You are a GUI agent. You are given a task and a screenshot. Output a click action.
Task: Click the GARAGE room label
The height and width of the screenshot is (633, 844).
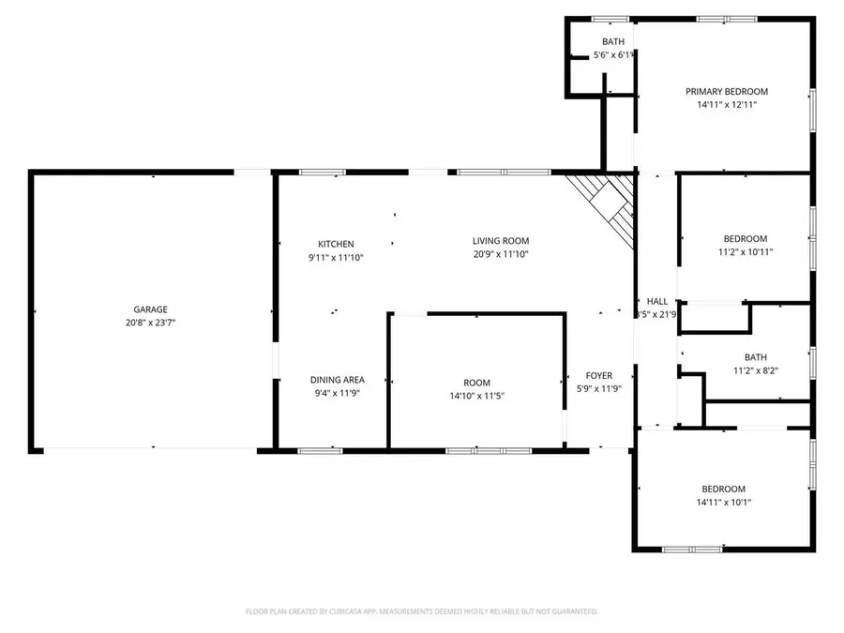150,309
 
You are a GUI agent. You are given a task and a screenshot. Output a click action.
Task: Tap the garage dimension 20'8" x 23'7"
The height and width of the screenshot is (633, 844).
150,323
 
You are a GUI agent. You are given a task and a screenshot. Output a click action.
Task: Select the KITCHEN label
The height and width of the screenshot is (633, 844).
336,245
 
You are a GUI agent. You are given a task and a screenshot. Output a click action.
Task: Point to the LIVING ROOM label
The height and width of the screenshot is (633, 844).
501,241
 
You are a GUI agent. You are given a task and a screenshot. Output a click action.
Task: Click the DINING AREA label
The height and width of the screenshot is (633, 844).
338,380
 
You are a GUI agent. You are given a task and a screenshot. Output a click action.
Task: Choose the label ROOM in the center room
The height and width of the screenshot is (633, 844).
476,383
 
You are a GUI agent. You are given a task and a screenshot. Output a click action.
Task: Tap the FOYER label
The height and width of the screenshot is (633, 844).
599,376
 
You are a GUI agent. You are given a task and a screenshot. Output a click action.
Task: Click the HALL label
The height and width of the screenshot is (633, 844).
657,301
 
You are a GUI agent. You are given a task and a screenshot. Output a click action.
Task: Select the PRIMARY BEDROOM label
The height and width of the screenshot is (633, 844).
727,92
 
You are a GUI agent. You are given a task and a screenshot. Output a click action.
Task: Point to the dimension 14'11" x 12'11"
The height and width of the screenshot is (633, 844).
727,105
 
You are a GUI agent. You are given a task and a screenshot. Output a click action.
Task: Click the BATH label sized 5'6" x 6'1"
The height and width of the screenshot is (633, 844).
613,42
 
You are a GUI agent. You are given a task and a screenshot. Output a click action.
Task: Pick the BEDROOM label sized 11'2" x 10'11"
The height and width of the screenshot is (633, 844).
746,239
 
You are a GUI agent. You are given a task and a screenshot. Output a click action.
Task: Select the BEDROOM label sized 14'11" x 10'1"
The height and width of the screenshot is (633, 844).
724,490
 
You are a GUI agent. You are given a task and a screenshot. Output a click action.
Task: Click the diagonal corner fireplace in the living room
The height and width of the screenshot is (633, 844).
605,208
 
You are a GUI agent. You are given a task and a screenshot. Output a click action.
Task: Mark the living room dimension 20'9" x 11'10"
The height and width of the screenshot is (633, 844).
501,254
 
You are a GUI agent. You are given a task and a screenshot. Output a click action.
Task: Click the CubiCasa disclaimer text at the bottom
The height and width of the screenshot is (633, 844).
422,611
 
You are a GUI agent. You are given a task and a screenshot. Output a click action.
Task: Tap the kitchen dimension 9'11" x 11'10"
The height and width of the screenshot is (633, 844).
336,257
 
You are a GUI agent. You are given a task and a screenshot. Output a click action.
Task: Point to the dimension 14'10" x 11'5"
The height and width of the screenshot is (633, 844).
476,396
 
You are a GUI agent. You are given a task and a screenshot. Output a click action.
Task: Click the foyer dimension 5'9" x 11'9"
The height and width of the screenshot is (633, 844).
599,389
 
